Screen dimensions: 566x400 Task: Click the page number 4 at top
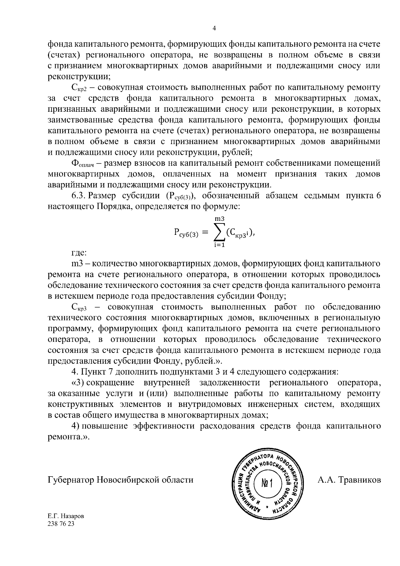214,29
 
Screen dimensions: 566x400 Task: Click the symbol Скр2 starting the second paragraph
79,88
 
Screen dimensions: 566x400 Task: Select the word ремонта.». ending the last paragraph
69,437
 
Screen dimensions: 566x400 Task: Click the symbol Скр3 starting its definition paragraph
79,308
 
